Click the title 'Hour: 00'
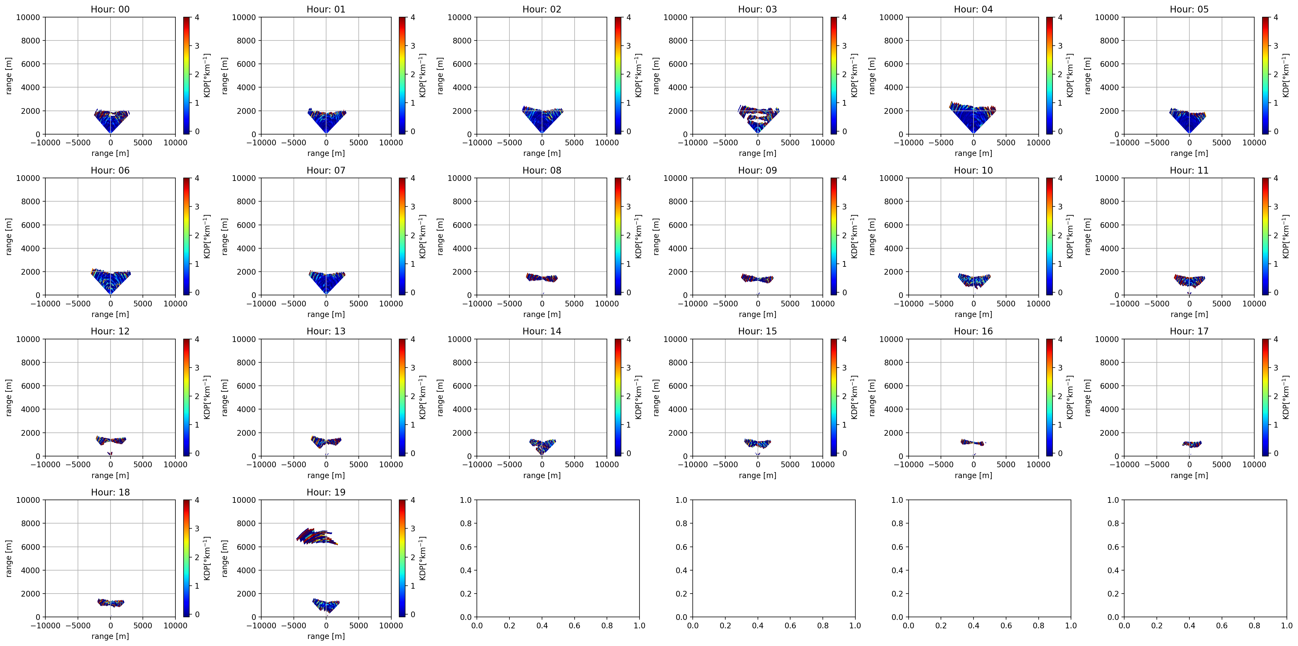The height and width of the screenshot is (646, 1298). click(110, 9)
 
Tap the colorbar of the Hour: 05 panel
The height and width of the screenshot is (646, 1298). click(1265, 76)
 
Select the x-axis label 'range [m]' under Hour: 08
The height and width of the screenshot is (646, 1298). click(542, 314)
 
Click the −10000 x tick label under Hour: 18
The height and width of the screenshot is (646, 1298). click(45, 625)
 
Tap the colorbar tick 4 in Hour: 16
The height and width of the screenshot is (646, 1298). click(1060, 339)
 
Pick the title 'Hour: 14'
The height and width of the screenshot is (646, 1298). click(542, 331)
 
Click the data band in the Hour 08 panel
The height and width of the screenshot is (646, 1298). click(542, 278)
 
